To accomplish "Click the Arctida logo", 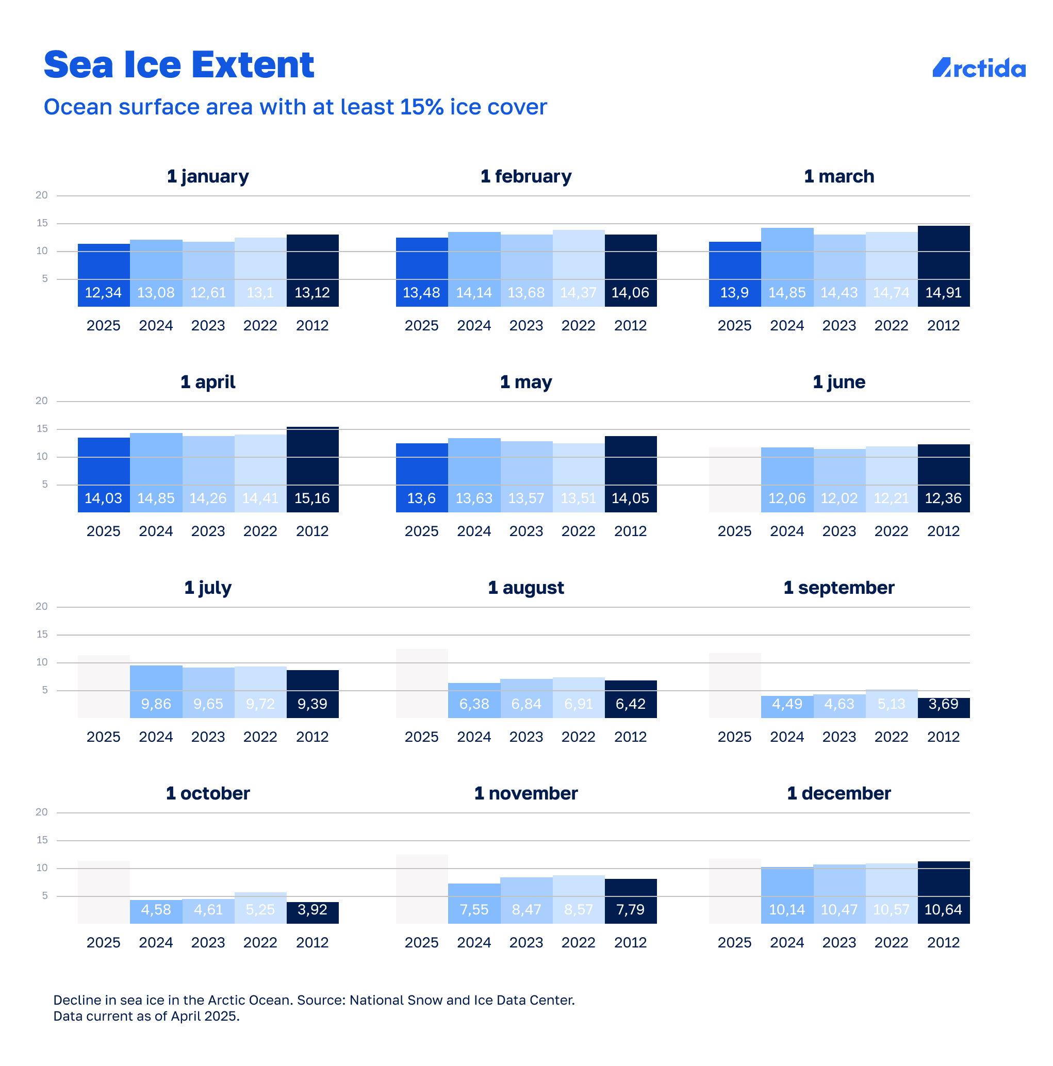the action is point(979,68).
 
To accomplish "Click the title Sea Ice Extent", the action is point(179,64).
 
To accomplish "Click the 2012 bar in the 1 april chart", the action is point(312,469).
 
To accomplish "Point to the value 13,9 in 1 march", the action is point(734,292).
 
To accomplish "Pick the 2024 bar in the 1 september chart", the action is point(786,706).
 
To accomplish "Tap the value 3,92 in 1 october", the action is point(312,909).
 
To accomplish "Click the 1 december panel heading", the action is point(838,793).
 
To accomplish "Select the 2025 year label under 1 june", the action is point(734,531).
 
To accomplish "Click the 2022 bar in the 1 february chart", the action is point(579,268).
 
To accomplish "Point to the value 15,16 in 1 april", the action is point(312,498).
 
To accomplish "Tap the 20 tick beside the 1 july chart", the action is point(41,606).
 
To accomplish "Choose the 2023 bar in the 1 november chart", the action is point(526,901).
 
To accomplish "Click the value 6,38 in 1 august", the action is point(473,704).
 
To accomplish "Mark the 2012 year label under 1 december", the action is point(943,942).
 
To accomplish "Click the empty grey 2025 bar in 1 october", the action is point(104,892).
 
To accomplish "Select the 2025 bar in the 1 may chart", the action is point(422,478).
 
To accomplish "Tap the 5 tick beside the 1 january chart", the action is point(45,279).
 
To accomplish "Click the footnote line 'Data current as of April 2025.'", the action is point(146,1017).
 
